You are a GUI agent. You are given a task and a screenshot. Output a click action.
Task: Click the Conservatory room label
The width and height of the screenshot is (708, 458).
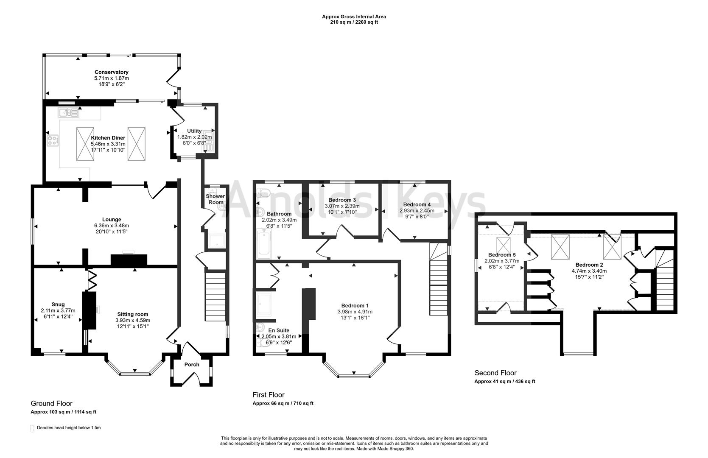111,72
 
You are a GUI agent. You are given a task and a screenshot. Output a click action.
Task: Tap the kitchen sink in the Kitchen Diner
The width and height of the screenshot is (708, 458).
68,113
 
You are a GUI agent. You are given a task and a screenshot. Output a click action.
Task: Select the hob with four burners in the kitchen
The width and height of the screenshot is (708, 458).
53,140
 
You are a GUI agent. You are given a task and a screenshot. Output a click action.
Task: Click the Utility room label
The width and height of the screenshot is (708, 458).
194,131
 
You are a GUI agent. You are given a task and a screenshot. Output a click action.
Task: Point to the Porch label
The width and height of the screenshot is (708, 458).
192,365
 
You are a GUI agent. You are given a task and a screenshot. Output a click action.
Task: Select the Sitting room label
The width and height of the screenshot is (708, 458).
132,314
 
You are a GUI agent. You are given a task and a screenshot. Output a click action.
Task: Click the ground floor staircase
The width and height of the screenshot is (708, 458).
215,293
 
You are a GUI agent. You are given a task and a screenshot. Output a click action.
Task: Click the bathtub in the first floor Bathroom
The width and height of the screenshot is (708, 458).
264,244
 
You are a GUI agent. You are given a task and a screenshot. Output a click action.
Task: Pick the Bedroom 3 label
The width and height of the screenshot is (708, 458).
342,200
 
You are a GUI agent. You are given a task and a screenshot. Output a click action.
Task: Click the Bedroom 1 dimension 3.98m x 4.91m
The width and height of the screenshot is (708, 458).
352,312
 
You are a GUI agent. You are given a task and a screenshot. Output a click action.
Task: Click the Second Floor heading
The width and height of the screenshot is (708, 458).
495,373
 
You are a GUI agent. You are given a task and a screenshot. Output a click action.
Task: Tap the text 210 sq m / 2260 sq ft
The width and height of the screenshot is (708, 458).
354,22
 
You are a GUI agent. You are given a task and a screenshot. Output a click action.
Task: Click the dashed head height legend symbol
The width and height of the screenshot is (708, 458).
33,428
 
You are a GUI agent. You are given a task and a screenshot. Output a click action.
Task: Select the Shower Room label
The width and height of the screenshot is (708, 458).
215,199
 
